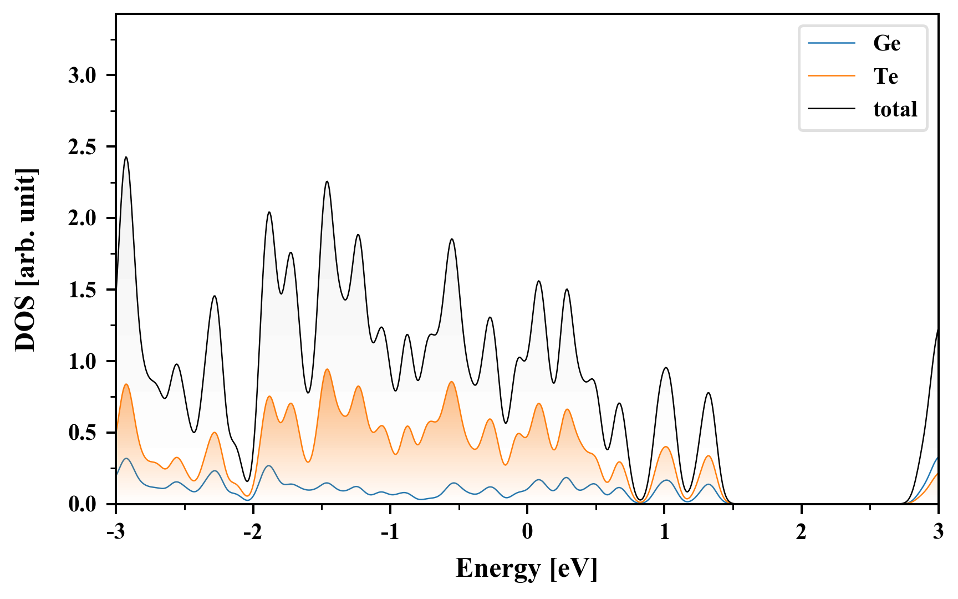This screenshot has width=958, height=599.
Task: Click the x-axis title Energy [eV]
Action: click(527, 568)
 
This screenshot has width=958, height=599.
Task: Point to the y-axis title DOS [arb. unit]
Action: click(26, 260)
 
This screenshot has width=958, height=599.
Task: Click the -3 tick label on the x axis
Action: click(115, 532)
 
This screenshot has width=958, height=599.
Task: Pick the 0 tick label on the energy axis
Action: click(527, 532)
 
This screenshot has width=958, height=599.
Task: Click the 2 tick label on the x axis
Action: click(801, 532)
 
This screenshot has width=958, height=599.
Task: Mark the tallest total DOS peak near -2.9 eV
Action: click(126, 158)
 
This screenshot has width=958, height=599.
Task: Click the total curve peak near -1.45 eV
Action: click(327, 181)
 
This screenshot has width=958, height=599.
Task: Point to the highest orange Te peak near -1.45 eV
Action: click(327, 369)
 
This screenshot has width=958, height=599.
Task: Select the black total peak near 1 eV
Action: click(666, 368)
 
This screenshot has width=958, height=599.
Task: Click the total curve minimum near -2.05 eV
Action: click(247, 481)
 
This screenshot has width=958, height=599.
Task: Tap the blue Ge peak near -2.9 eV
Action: click(127, 459)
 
